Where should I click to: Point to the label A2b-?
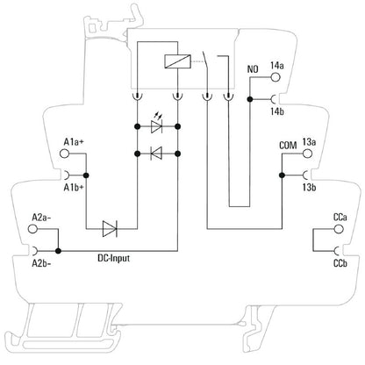40,262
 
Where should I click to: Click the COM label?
287,143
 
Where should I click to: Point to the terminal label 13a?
309,141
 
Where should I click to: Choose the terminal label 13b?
309,188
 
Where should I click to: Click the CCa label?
340,216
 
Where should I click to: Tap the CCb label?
340,262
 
